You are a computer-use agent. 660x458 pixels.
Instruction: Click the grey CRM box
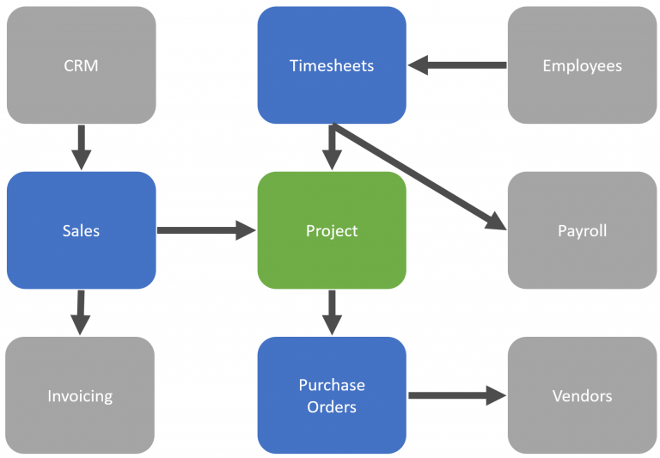pos(81,65)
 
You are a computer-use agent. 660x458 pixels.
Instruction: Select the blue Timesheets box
pos(332,65)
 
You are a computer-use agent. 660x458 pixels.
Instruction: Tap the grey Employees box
pos(582,65)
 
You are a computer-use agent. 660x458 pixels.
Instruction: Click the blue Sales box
pos(81,230)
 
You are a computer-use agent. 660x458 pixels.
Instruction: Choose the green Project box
pos(332,230)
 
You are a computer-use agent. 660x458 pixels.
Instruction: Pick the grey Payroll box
pos(582,230)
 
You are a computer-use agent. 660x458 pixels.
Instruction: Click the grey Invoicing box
pos(80,395)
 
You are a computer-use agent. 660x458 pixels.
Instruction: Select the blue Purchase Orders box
pos(332,395)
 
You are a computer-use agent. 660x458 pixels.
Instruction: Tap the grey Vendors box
pos(582,395)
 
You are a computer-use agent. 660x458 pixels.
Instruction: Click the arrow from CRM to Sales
pos(81,147)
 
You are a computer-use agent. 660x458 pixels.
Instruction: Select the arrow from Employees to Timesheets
pos(456,65)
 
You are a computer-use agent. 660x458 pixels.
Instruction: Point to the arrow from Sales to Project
pos(206,230)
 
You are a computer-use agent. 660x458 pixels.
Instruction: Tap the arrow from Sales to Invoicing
pos(81,312)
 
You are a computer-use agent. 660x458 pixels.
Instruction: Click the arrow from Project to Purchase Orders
pos(332,312)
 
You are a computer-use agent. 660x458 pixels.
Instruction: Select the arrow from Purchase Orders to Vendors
pos(456,395)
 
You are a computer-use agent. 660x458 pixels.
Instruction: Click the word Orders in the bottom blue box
pos(332,406)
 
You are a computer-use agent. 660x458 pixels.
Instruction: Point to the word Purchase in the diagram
pos(332,385)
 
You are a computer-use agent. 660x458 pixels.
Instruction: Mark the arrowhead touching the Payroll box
pos(496,222)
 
